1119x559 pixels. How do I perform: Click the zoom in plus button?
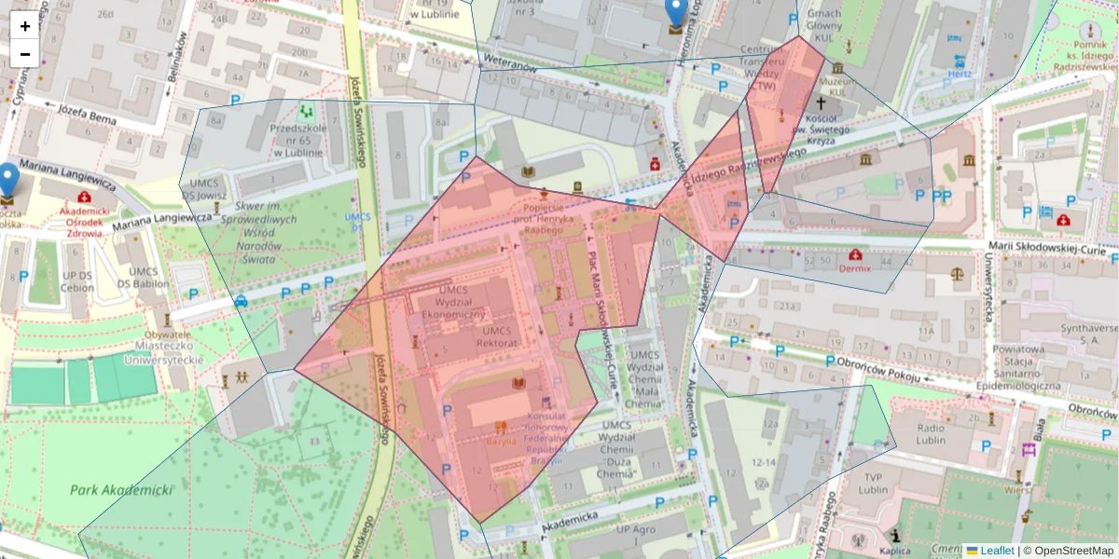pos(25,26)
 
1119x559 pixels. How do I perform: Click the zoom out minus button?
pos(25,54)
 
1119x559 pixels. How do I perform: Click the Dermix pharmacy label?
pos(854,268)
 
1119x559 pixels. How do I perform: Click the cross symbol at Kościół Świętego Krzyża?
pos(821,102)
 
